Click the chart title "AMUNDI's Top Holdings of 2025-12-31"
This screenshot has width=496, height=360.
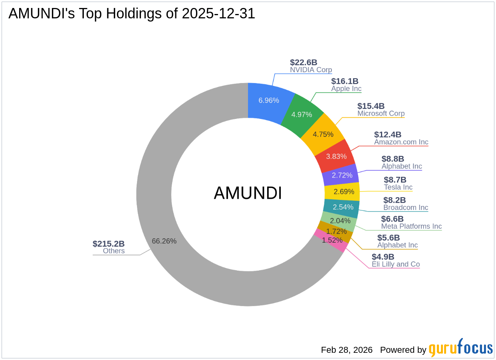[x=131, y=14]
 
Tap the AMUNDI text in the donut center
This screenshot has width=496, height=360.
[x=248, y=194]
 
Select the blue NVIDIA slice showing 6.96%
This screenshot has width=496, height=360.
[x=268, y=100]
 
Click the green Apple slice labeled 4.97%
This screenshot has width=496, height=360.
[x=302, y=115]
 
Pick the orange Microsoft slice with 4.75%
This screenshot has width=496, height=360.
[x=323, y=134]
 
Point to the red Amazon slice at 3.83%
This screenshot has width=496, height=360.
[x=336, y=156]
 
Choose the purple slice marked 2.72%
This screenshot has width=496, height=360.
[x=342, y=175]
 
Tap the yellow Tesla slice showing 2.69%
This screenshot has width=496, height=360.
[x=343, y=192]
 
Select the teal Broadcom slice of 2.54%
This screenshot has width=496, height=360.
[x=343, y=207]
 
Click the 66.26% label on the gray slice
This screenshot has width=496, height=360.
[x=164, y=241]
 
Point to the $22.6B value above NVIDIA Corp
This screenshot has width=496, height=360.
[x=304, y=62]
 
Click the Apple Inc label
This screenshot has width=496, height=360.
[x=346, y=89]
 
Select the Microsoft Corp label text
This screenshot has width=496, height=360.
[x=381, y=113]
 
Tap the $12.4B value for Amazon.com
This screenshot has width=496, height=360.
[x=388, y=135]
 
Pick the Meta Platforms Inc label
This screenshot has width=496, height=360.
[x=411, y=226]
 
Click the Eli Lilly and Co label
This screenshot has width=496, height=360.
[x=396, y=264]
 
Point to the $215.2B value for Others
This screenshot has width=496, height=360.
[x=109, y=243]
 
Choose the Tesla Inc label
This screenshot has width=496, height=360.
[x=398, y=187]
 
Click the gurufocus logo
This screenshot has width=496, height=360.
[x=461, y=348]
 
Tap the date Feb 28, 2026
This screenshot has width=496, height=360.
[x=347, y=350]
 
